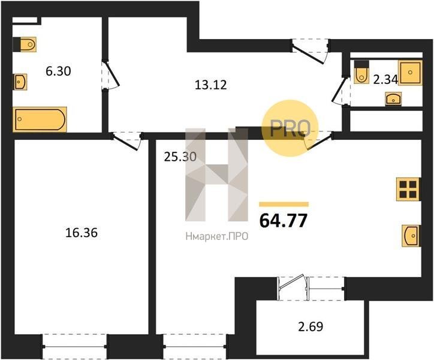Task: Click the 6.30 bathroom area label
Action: [x=58, y=71]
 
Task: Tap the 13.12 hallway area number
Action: [x=210, y=85]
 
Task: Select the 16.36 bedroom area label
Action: [x=82, y=233]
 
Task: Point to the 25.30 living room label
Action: [x=180, y=157]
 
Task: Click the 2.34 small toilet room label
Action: [x=385, y=80]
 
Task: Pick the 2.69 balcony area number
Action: [x=311, y=326]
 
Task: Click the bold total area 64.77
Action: [x=284, y=221]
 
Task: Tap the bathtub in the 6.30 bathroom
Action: [x=40, y=119]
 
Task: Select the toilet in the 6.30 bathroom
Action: [x=25, y=44]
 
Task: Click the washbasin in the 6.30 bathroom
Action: [x=20, y=82]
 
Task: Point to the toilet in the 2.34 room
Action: [x=361, y=72]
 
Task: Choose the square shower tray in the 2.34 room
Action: [x=410, y=73]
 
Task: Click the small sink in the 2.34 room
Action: [x=393, y=99]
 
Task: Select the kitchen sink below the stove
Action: [x=411, y=236]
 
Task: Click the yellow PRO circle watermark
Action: [x=290, y=128]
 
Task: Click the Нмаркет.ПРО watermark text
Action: [x=217, y=236]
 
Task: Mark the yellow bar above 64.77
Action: [x=284, y=204]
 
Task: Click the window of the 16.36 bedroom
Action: [x=74, y=346]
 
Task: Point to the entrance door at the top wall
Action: [x=311, y=52]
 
